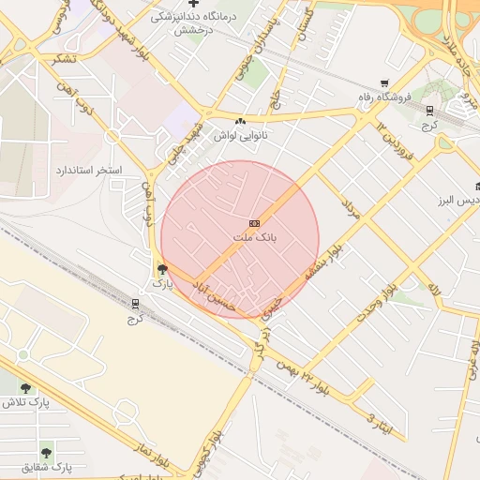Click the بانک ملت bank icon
click(255, 223)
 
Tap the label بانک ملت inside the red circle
click(255, 238)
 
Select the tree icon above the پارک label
click(163, 270)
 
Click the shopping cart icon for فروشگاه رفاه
click(384, 83)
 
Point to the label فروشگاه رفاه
click(383, 97)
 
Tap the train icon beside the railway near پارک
click(135, 304)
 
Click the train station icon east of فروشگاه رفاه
click(429, 110)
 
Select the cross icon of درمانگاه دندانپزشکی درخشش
click(193, 4)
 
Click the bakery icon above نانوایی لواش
click(241, 121)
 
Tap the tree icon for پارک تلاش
click(25, 388)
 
